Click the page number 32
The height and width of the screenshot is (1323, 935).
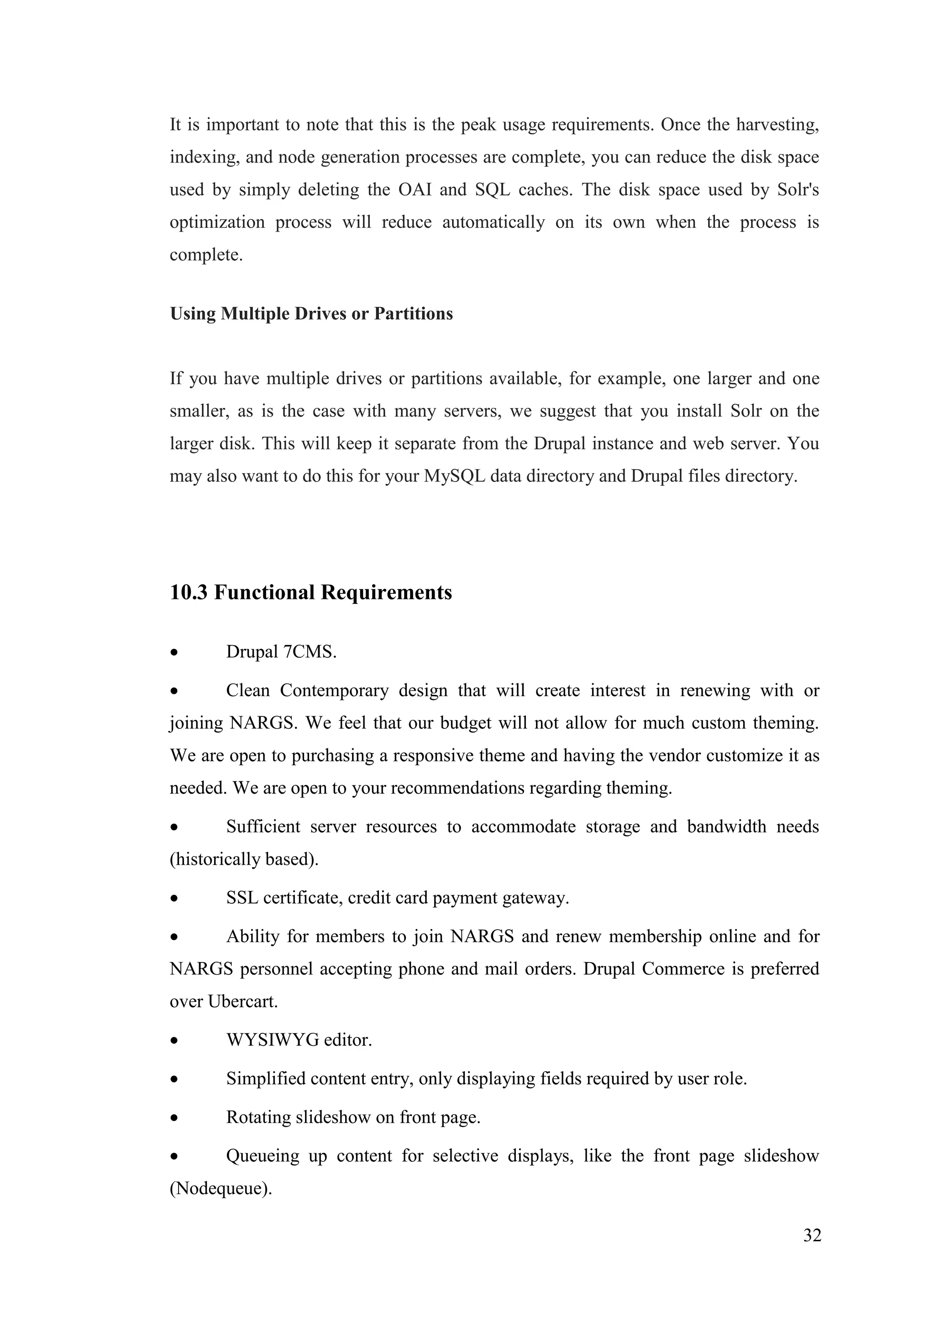812,1235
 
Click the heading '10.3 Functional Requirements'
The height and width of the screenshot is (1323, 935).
311,593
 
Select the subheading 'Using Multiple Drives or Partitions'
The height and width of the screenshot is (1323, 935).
311,313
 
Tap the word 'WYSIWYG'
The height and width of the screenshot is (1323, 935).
272,1040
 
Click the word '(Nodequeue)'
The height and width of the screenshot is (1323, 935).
221,1188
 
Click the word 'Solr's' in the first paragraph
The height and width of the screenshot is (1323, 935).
798,190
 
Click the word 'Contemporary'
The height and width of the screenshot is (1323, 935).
334,690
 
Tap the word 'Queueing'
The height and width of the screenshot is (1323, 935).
263,1156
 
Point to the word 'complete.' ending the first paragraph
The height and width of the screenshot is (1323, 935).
206,255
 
